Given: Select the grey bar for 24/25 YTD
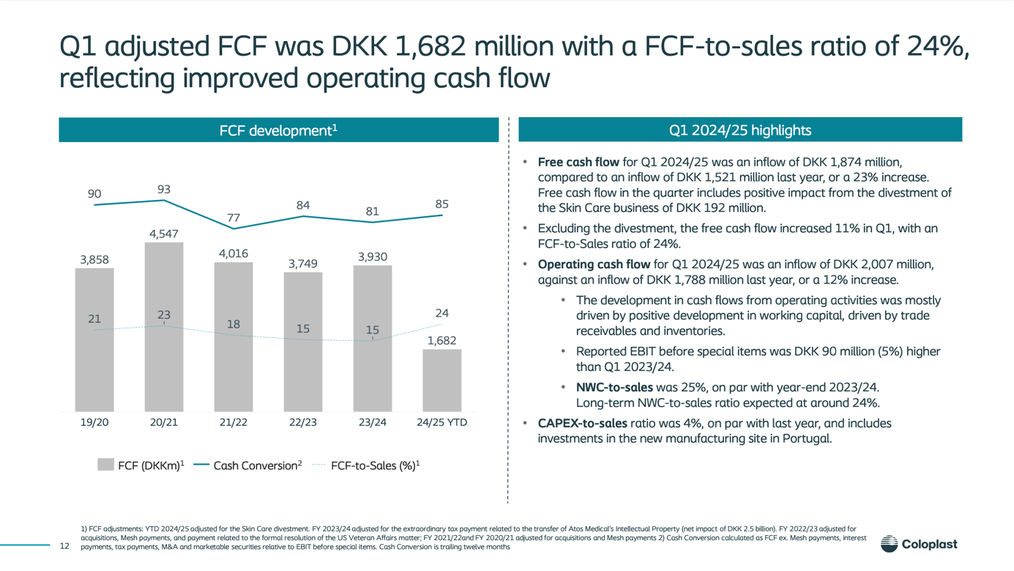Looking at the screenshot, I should pyautogui.click(x=441, y=380).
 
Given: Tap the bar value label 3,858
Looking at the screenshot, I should pyautogui.click(x=94, y=259).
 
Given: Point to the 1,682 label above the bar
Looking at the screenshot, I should pyautogui.click(x=441, y=341).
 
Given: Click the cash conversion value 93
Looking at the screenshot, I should pyautogui.click(x=164, y=190).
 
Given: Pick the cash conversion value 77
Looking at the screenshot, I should pyautogui.click(x=234, y=218).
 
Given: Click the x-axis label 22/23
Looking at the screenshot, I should pyautogui.click(x=302, y=422).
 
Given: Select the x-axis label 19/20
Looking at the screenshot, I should pyautogui.click(x=94, y=422).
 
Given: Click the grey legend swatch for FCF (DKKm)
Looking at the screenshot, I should pyautogui.click(x=105, y=465).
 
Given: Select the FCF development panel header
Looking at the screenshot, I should pyautogui.click(x=278, y=130).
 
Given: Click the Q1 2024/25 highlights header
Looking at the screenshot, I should pyautogui.click(x=739, y=130).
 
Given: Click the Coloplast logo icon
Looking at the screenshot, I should pyautogui.click(x=889, y=544).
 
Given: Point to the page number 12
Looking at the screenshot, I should pyautogui.click(x=64, y=546).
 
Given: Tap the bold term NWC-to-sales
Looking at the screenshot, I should pyautogui.click(x=614, y=387).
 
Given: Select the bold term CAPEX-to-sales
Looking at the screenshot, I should pyautogui.click(x=582, y=423).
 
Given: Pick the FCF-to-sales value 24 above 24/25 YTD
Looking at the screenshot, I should pyautogui.click(x=441, y=313).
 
